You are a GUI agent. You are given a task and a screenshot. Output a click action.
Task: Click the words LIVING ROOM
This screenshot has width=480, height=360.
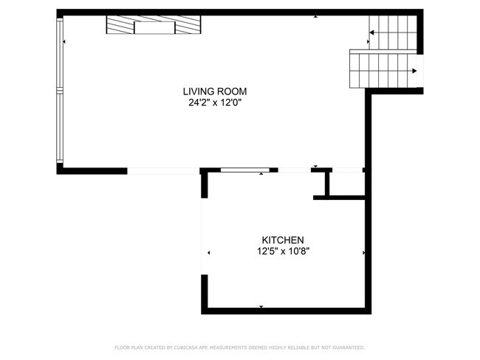point(215,91)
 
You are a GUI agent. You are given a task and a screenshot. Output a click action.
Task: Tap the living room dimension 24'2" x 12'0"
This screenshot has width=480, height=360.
point(215,103)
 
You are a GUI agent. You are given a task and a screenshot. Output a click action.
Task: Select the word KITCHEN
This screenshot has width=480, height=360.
point(283,240)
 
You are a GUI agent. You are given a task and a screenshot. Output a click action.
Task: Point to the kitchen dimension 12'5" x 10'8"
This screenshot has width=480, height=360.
point(283,252)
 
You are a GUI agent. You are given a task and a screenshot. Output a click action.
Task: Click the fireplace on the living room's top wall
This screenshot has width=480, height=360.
point(154,27)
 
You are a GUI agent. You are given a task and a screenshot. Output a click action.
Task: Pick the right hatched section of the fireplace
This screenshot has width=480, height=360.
point(188,27)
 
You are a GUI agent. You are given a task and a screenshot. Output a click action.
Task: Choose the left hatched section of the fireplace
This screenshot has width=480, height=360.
point(119,27)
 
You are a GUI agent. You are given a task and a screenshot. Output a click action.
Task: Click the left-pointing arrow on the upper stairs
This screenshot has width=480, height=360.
point(373,32)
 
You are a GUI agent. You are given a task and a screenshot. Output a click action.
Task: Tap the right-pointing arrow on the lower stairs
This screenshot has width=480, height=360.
point(414,71)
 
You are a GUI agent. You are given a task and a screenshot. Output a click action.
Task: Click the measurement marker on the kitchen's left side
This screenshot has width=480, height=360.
point(209,253)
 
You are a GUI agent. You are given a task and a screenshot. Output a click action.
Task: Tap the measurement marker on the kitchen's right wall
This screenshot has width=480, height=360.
point(363,253)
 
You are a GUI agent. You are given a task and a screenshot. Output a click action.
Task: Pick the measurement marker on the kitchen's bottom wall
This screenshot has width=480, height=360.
point(261,305)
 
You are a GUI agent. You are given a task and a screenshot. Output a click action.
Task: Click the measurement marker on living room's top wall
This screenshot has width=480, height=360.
point(315,16)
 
